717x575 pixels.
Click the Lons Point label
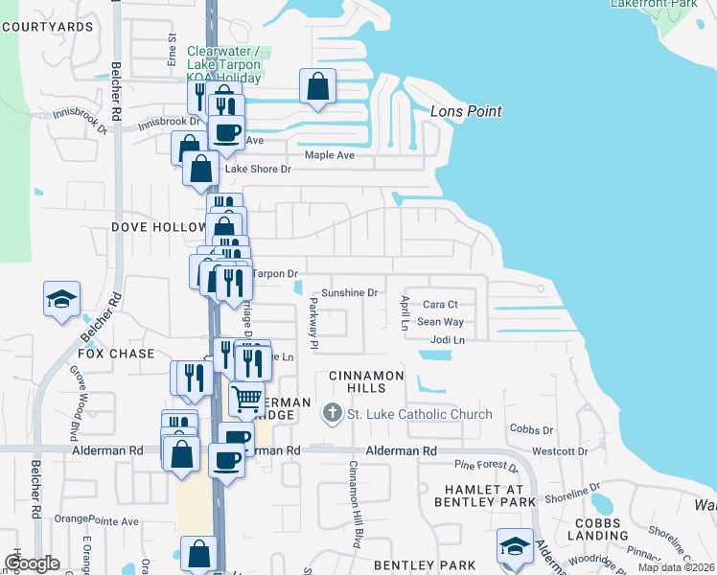(x=466, y=112)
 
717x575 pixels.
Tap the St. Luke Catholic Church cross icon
(x=332, y=414)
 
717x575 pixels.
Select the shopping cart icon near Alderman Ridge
(x=246, y=398)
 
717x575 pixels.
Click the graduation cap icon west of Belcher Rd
(x=61, y=298)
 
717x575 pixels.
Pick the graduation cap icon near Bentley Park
(x=515, y=547)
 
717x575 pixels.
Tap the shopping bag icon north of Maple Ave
(x=317, y=87)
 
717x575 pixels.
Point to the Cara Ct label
(x=441, y=305)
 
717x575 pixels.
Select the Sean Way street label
(x=440, y=323)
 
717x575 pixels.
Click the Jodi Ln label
(x=448, y=340)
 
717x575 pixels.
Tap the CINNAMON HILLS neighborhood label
(x=366, y=381)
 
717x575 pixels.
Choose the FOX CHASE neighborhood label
(x=116, y=354)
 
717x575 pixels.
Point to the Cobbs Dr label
(x=532, y=429)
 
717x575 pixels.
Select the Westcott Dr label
(x=559, y=451)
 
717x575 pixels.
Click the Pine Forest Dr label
(x=486, y=467)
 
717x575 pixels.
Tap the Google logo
(x=33, y=563)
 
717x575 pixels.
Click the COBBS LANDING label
(x=597, y=527)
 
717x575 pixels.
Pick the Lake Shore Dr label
(x=257, y=170)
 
